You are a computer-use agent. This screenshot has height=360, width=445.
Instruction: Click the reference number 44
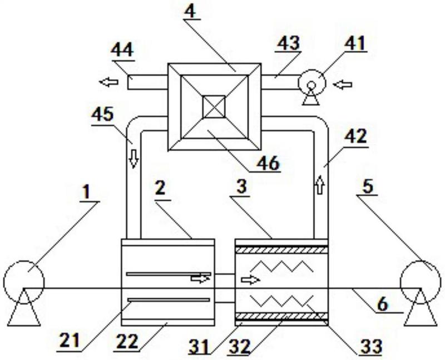pos(122,50)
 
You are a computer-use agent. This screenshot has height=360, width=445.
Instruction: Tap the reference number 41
pos(355,44)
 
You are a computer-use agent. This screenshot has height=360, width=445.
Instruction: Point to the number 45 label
pos(102,114)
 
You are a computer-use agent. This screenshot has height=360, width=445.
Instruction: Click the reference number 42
pos(355,137)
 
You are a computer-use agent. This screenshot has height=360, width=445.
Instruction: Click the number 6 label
pos(382,304)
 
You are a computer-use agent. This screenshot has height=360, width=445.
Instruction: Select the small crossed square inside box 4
pos(214,107)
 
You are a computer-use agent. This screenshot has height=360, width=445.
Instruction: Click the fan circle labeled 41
pos(312,83)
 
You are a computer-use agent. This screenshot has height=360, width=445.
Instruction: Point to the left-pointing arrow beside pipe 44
pos(108,82)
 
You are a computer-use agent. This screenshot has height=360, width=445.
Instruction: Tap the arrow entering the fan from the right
pos(343,85)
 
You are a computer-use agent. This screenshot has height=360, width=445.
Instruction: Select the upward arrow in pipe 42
pos(320,185)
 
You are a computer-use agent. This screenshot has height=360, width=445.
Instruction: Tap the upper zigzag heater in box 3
pos(281,267)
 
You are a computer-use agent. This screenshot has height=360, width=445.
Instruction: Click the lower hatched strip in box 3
pos(281,315)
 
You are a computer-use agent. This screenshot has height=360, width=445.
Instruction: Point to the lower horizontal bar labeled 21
pos(169,300)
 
